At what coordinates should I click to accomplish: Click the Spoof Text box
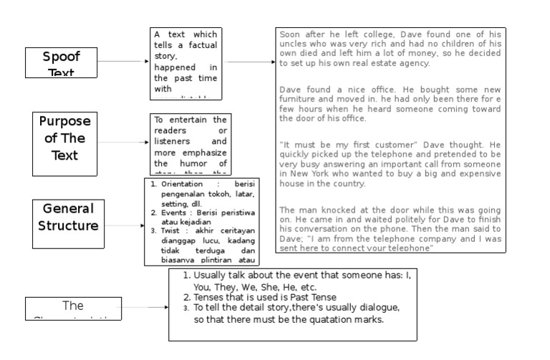[61, 62]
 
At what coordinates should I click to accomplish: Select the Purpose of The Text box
[65, 137]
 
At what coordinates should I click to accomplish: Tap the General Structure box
[69, 217]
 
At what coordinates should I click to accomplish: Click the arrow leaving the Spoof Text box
[122, 62]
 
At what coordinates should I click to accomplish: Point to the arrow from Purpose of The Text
[124, 142]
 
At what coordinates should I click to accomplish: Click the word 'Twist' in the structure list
[170, 231]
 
